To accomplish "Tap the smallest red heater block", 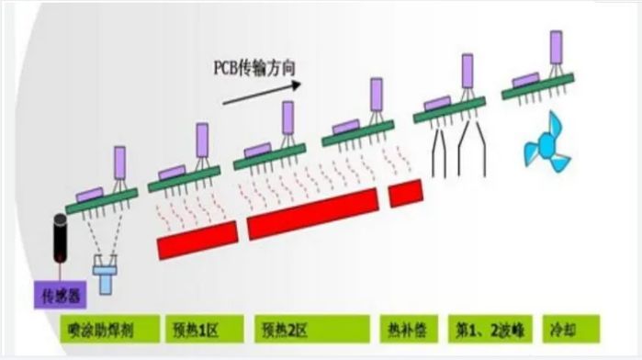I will click(405, 192).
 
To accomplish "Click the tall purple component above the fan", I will click(557, 47).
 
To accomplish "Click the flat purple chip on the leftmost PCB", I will click(89, 194).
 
